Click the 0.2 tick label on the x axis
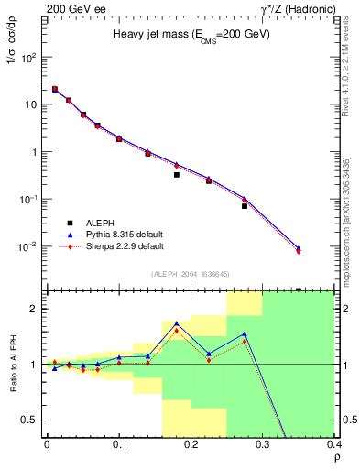click(x=191, y=445)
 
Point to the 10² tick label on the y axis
click(x=29, y=57)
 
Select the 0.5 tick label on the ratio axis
click(x=30, y=420)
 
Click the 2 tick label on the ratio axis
click(x=35, y=309)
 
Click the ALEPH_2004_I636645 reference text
click(x=191, y=274)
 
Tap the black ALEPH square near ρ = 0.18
click(x=177, y=174)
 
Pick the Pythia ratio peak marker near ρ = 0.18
click(x=177, y=323)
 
